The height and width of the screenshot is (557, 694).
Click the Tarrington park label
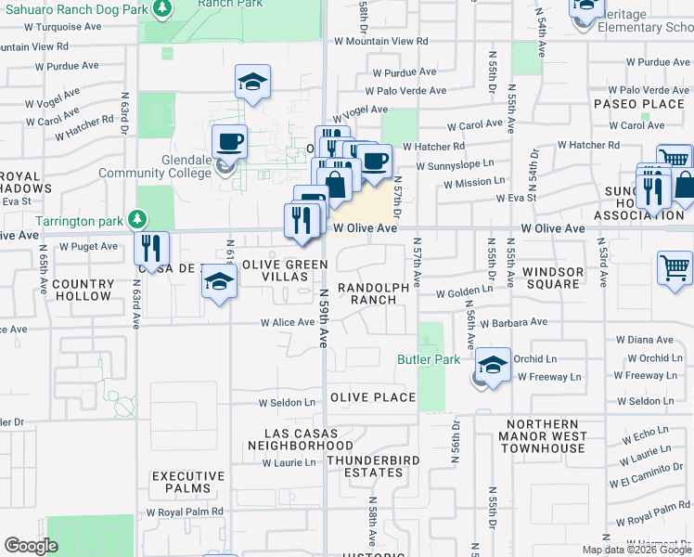(81, 220)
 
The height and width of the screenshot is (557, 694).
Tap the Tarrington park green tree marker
(137, 219)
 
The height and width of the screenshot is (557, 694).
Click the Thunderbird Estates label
(373, 467)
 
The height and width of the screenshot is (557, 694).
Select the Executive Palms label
(188, 482)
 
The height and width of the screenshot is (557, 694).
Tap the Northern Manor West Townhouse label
(542, 442)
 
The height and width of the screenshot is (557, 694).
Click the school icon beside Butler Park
(494, 364)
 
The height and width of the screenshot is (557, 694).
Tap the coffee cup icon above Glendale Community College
(229, 142)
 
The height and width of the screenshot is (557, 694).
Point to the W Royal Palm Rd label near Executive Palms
(186, 512)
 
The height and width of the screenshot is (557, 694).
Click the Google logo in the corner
(31, 546)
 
